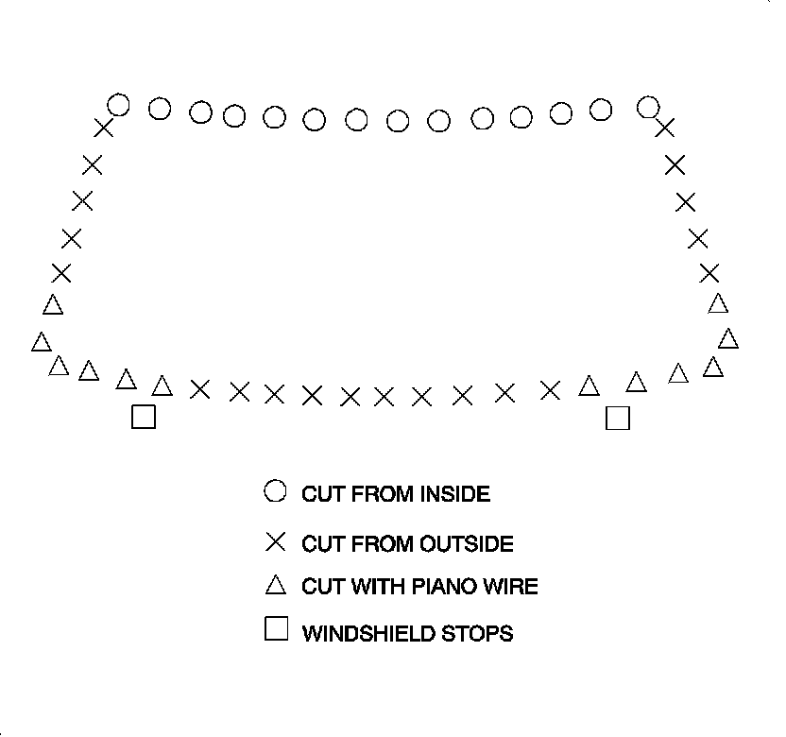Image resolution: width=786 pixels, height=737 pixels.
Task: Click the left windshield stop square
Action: click(x=144, y=417)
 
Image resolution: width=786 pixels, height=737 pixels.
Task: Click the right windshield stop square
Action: click(x=617, y=418)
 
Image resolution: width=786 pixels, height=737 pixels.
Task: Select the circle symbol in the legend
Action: click(x=275, y=491)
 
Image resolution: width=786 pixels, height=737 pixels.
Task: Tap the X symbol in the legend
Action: click(x=275, y=542)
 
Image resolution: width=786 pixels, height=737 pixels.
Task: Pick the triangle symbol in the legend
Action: click(x=275, y=586)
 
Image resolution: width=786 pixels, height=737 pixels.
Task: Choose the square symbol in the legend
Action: click(x=276, y=629)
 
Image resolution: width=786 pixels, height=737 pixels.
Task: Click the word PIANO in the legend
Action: click(x=444, y=587)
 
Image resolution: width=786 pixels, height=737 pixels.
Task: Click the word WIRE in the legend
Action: click(x=511, y=587)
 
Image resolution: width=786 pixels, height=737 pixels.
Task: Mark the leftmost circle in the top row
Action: click(x=118, y=104)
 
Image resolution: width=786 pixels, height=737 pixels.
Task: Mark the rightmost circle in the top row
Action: click(x=648, y=106)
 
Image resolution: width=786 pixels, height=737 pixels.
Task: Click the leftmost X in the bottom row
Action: click(x=199, y=388)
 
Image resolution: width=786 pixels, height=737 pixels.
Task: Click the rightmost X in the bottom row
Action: click(x=550, y=389)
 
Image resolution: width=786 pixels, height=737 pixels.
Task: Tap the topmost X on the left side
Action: click(x=103, y=129)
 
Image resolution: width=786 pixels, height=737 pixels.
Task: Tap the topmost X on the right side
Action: click(x=665, y=128)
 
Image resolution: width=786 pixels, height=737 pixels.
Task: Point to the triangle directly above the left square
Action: click(x=126, y=379)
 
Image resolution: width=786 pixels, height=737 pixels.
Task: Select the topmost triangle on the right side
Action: click(x=718, y=303)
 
